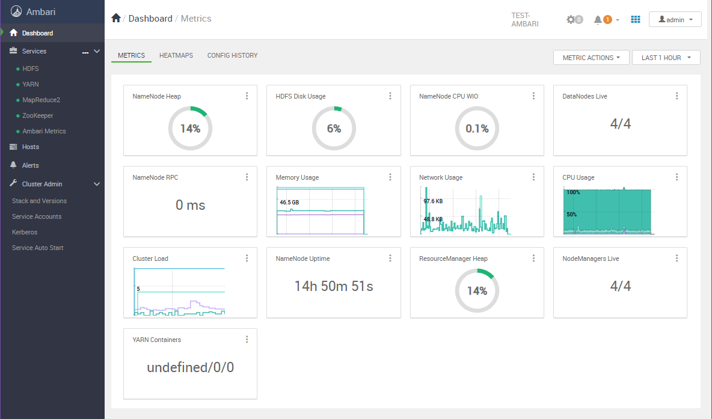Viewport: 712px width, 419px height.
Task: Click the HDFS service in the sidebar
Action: [x=30, y=69]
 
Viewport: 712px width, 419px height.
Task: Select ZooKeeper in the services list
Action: [x=37, y=115]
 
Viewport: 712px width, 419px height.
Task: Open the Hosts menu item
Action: [x=30, y=147]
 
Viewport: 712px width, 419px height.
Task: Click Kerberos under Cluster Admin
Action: [x=25, y=232]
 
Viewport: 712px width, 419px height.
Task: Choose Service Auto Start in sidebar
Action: [x=37, y=248]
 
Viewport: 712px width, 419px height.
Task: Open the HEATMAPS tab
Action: [x=176, y=55]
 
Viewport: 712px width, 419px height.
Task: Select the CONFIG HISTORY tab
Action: [x=232, y=55]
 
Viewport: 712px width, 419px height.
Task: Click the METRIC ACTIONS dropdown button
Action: [x=591, y=58]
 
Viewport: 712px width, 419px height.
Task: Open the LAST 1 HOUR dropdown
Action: [x=666, y=58]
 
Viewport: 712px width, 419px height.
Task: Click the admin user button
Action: [x=675, y=20]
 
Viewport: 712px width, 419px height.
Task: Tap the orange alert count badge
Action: [x=607, y=20]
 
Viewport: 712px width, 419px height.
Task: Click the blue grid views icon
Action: [x=636, y=20]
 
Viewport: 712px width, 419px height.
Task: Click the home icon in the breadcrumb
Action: [x=117, y=19]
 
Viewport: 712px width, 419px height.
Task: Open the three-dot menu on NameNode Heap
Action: [x=247, y=96]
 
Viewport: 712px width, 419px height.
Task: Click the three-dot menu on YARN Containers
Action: [x=247, y=340]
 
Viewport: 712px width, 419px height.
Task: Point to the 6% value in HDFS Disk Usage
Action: [x=334, y=129]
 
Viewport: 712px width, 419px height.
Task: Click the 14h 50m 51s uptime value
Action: [x=334, y=286]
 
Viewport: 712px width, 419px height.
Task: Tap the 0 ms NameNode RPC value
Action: [x=190, y=205]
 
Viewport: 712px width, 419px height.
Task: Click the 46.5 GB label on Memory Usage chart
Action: [x=289, y=203]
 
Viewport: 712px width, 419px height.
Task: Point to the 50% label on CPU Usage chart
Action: [x=571, y=215]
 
